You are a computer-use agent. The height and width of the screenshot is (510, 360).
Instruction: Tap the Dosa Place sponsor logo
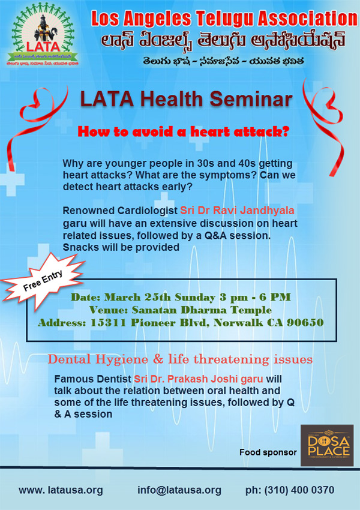tap(327, 445)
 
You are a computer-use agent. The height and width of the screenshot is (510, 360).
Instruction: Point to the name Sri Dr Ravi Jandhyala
tap(231, 211)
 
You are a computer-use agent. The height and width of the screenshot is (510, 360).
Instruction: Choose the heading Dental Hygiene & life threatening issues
tap(181, 359)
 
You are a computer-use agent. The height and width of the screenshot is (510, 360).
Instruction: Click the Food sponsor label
tap(268, 452)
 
